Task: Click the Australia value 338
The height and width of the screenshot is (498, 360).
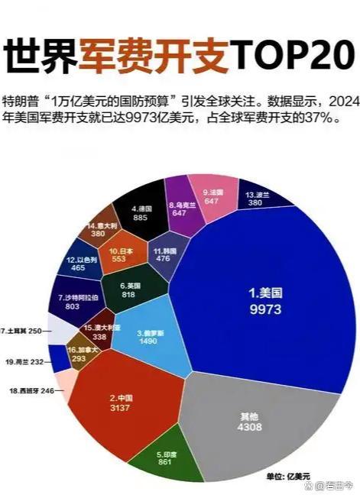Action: coord(99,335)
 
